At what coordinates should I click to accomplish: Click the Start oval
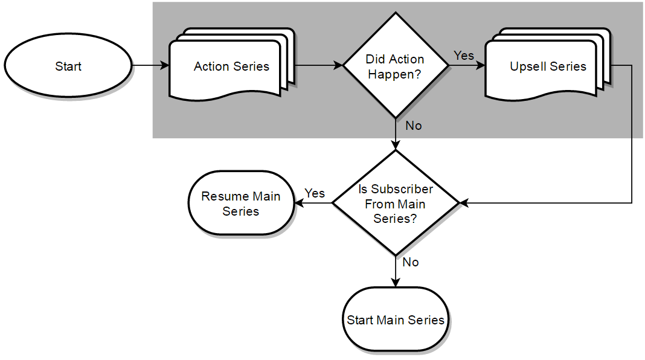coord(68,65)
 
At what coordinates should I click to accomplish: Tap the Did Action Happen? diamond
coord(396,65)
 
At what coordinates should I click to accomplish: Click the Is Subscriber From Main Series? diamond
coord(396,203)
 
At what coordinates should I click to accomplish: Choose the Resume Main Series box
coord(241,203)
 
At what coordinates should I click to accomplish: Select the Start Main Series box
coord(396,320)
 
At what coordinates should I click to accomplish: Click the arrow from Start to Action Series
coord(150,65)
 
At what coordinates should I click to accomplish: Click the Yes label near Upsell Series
coord(464,56)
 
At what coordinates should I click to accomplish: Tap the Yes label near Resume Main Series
coord(315,193)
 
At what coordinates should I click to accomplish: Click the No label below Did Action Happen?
coord(414,126)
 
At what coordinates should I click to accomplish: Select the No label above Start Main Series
coord(411,262)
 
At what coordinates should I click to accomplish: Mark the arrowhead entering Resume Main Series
coord(299,203)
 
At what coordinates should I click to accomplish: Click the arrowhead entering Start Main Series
coord(396,283)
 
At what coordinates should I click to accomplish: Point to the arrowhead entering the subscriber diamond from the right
coord(464,203)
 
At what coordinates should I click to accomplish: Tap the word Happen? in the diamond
coord(394,74)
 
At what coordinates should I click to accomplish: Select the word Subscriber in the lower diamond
coord(402,189)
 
